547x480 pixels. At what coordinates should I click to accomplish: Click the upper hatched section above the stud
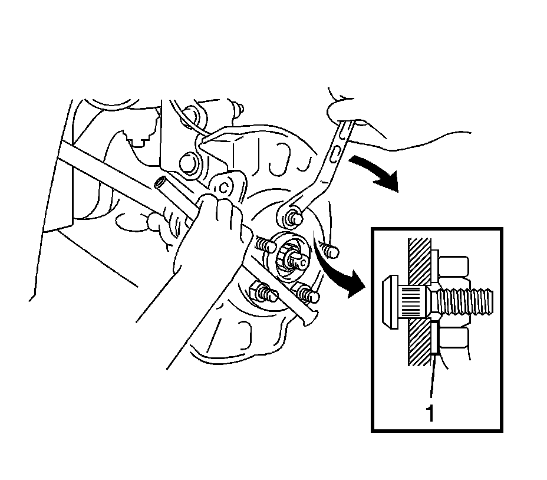point(417,259)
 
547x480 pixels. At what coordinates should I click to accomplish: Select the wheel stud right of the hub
point(331,250)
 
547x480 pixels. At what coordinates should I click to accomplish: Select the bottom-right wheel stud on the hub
point(308,293)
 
